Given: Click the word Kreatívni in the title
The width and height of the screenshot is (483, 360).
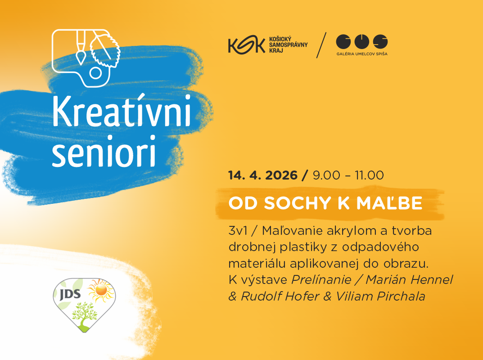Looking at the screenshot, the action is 122,112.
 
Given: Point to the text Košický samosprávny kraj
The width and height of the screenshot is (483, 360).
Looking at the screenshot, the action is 289,45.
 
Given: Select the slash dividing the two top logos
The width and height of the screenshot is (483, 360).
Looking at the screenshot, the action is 321,45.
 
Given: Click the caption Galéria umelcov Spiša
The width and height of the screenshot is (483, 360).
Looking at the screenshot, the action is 361,54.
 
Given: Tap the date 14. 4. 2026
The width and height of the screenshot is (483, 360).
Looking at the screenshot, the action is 263,175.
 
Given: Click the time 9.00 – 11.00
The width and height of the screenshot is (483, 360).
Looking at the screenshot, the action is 348,175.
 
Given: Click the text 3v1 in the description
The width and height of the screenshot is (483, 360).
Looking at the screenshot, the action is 238,231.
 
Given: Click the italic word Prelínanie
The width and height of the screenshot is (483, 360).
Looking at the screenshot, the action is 321,279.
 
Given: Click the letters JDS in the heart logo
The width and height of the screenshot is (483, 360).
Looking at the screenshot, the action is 70,294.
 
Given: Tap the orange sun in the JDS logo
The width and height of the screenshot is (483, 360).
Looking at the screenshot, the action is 101,290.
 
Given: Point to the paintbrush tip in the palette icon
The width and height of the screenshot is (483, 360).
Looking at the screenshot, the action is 81,58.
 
